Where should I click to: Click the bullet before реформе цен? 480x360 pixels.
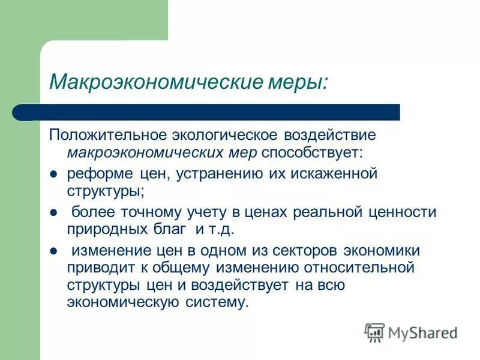pos(53,174)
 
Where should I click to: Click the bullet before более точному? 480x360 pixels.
pos(53,212)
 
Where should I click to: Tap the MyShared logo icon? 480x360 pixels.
pos(374,331)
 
